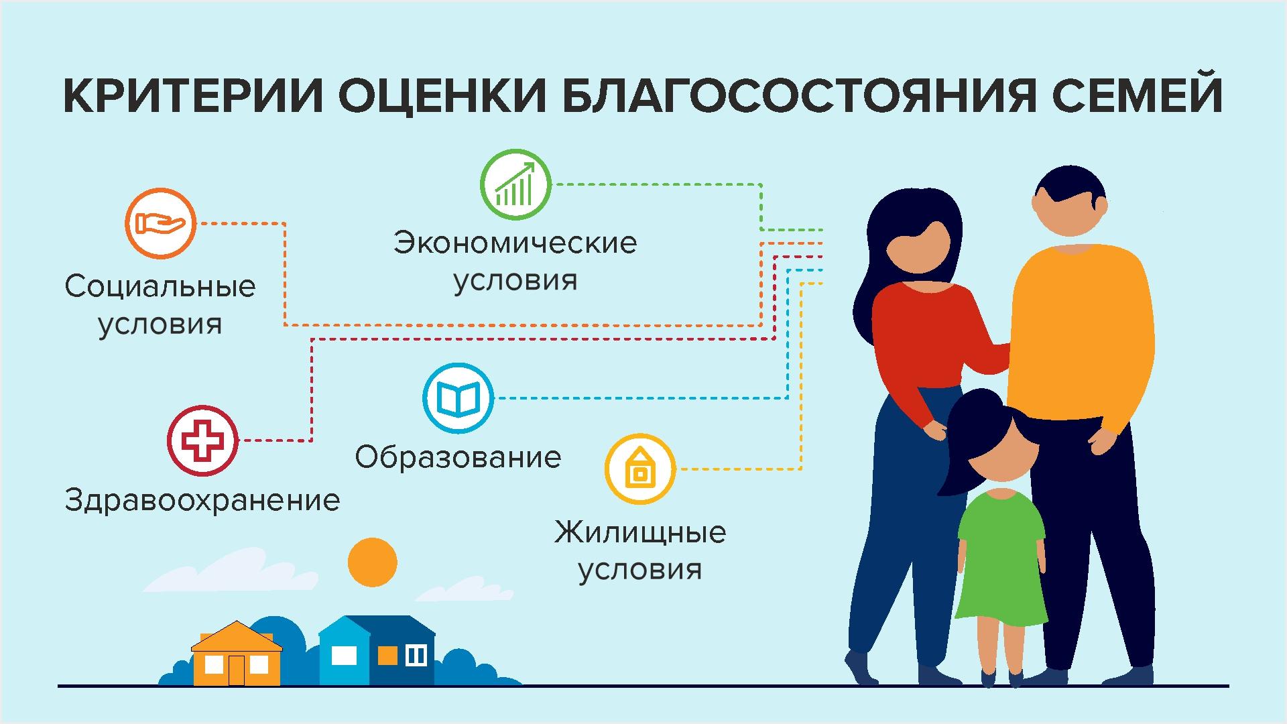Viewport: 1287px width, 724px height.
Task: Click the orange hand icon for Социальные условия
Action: pos(160,223)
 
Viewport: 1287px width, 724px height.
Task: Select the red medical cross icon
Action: pos(202,440)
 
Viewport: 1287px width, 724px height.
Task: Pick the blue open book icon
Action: pos(458,398)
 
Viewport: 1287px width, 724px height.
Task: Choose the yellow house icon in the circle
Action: pos(640,469)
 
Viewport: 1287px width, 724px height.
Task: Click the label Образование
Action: pos(458,458)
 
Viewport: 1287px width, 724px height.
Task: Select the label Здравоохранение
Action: pos(202,501)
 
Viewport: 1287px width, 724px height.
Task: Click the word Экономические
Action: pos(515,243)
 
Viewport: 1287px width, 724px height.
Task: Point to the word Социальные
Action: pos(160,287)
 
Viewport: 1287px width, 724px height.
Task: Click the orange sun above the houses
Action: pos(373,562)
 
